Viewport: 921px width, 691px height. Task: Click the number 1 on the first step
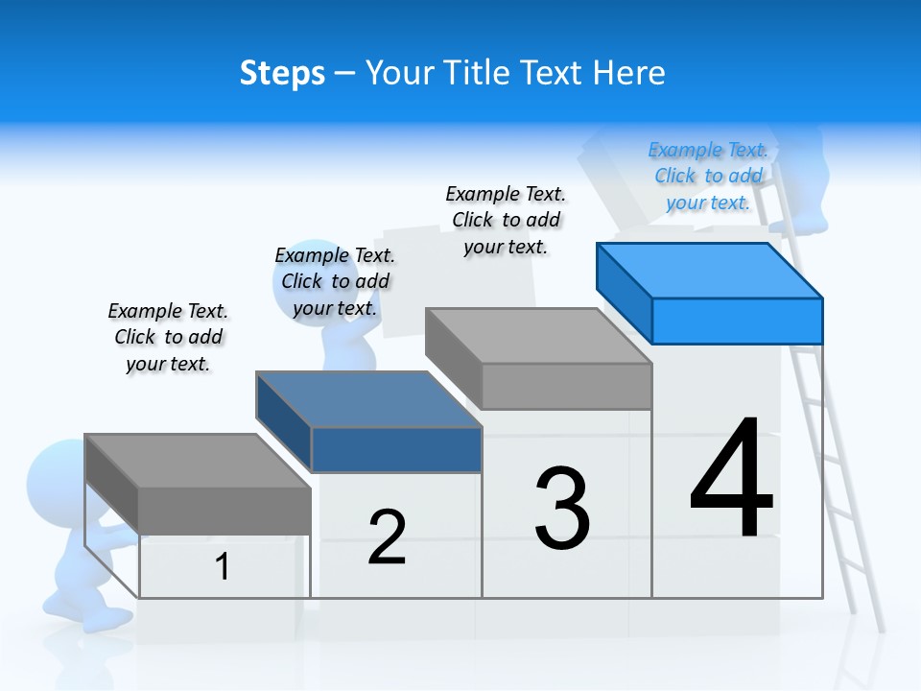(x=223, y=566)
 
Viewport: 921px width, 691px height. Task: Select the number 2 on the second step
(x=387, y=537)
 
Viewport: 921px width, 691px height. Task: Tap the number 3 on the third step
(x=562, y=509)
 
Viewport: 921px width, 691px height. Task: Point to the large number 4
(x=731, y=478)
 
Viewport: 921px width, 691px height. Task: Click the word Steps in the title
(x=282, y=73)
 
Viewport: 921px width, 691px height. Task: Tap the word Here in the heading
(x=629, y=73)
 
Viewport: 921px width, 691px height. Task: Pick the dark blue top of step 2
(x=369, y=399)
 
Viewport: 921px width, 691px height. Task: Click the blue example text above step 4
(x=708, y=176)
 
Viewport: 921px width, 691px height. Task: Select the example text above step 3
(x=506, y=220)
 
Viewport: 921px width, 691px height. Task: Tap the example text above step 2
(x=335, y=281)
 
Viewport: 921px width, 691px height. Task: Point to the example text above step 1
(x=168, y=337)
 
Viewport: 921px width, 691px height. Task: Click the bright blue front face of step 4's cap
(x=737, y=321)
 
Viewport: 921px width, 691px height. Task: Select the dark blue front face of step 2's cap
(x=396, y=449)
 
